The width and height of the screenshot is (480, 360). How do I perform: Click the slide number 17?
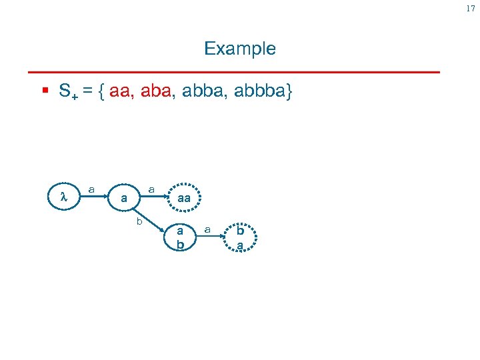coord(470,8)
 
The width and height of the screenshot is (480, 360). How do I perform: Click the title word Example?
coord(239,49)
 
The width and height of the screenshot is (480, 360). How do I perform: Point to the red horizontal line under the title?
coord(233,71)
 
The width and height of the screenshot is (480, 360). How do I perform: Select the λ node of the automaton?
coord(64,198)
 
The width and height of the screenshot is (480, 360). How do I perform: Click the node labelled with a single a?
coord(124,198)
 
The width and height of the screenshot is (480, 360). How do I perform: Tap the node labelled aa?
coord(184,198)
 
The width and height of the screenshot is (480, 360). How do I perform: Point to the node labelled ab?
coord(179,237)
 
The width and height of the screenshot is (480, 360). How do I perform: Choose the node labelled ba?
coord(239,238)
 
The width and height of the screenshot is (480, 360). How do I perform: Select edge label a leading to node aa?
coord(151,190)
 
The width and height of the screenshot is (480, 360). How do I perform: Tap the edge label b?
coord(139,219)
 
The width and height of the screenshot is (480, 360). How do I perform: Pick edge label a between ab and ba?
coord(208,229)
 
